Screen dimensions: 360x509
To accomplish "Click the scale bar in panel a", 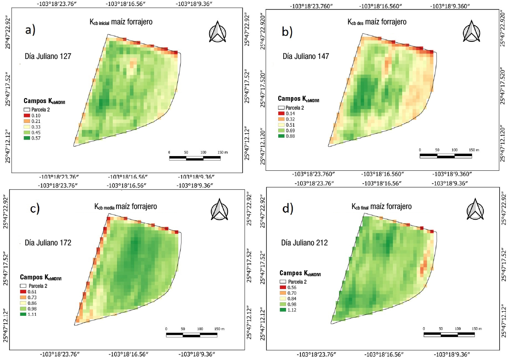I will click(194, 158).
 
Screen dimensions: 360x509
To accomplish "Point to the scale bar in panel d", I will click(449, 334).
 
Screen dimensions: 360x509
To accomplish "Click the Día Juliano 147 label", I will click(301, 56).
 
